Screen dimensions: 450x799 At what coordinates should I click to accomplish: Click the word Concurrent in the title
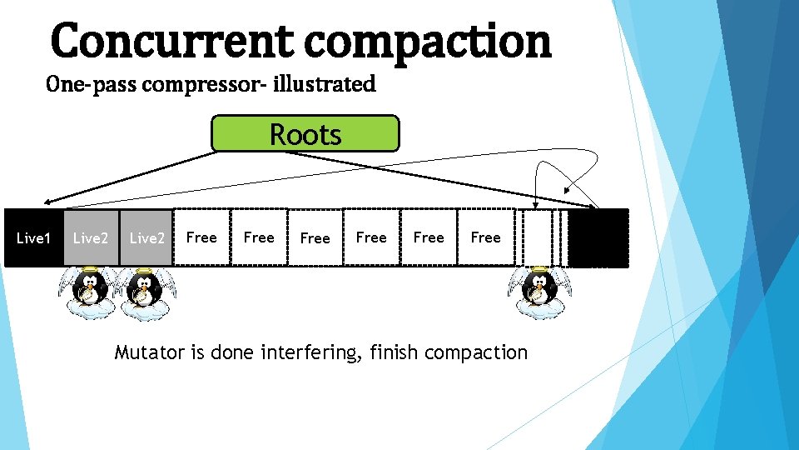pyautogui.click(x=171, y=42)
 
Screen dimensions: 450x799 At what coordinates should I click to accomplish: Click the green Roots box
pyautogui.click(x=305, y=134)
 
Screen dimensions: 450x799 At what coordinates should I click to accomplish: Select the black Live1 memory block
pyautogui.click(x=33, y=238)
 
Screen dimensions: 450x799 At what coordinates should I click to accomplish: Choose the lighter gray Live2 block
pyautogui.click(x=91, y=238)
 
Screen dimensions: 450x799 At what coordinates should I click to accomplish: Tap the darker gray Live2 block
pyautogui.click(x=147, y=238)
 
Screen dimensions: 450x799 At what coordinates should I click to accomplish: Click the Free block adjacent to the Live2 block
pyautogui.click(x=201, y=238)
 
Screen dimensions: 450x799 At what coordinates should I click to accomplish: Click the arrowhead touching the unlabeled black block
pyautogui.click(x=594, y=205)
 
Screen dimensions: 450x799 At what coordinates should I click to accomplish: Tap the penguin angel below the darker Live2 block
pyautogui.click(x=143, y=292)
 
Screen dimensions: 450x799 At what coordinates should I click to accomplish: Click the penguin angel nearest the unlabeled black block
pyautogui.click(x=538, y=292)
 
